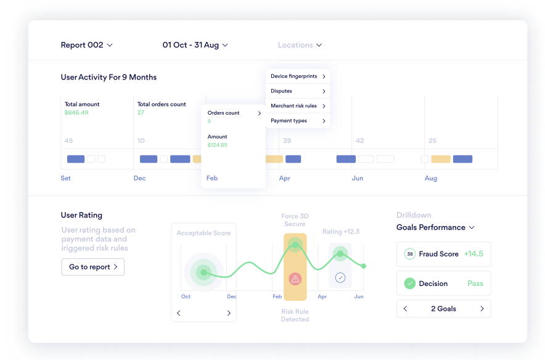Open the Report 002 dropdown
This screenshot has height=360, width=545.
pyautogui.click(x=86, y=45)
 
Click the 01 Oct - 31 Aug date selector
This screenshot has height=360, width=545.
pyautogui.click(x=195, y=45)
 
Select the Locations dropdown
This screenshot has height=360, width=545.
pyautogui.click(x=300, y=45)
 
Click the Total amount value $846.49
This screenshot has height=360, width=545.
pyautogui.click(x=76, y=113)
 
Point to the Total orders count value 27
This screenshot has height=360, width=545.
pyautogui.click(x=141, y=113)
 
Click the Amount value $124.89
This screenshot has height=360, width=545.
pyautogui.click(x=217, y=145)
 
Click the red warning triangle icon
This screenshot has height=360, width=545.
pyautogui.click(x=295, y=279)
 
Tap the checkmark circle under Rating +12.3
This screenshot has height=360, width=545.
pyautogui.click(x=340, y=278)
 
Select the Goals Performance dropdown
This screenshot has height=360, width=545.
pyautogui.click(x=435, y=227)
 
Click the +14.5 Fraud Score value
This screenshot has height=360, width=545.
pyautogui.click(x=473, y=254)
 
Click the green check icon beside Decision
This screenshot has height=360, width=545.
pyautogui.click(x=409, y=284)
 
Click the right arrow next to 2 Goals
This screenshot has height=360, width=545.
pyautogui.click(x=481, y=309)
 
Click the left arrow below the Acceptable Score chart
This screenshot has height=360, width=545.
pyautogui.click(x=179, y=313)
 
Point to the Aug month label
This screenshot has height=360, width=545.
pyautogui.click(x=431, y=178)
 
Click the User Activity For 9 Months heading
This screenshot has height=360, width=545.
pyautogui.click(x=109, y=77)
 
